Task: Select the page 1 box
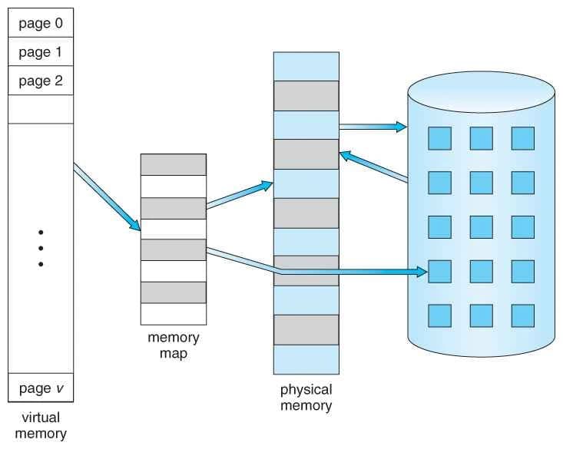41,51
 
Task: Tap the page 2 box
41,81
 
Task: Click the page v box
41,387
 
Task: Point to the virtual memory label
41,425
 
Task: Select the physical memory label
306,398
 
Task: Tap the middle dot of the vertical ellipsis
41,248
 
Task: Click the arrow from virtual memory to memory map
108,197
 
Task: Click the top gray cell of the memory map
173,164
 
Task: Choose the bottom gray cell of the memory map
173,292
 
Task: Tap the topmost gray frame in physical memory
306,95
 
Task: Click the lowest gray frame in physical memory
306,329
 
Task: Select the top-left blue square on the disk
439,137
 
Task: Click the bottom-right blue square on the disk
522,315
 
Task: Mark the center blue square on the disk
481,226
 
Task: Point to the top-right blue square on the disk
522,137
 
